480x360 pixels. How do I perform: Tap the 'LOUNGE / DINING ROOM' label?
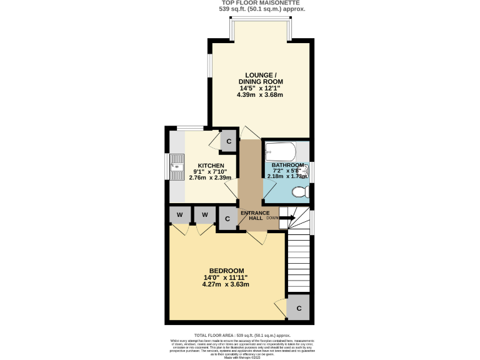point(260,78)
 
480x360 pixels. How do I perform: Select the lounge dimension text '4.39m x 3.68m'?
point(260,95)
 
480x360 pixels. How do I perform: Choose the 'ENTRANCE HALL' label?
point(255,216)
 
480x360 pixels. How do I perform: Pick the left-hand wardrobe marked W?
point(179,216)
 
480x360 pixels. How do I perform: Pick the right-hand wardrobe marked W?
point(204,216)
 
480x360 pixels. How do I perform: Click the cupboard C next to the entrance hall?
point(227,218)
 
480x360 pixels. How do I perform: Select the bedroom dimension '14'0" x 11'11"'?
point(226,277)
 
